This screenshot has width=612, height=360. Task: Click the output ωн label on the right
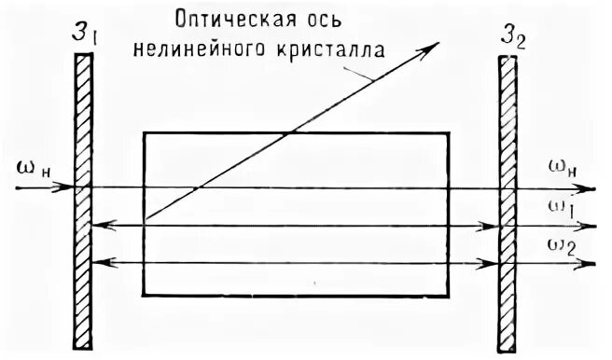coord(564,169)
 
